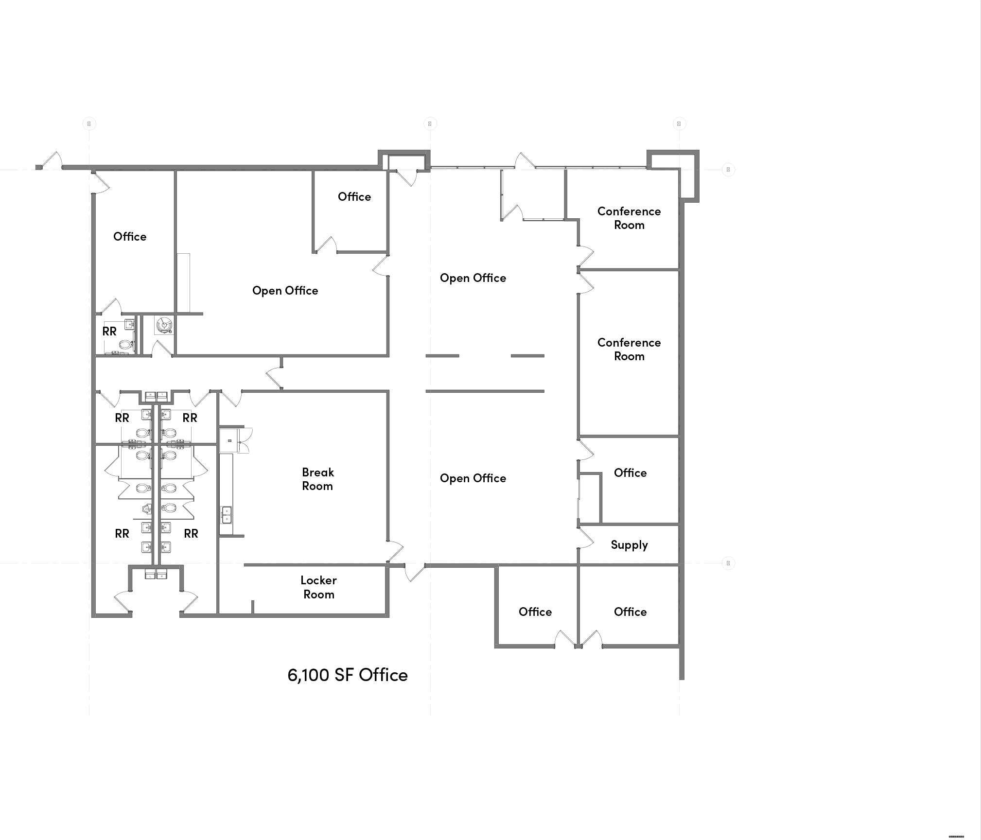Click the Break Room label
coord(318,479)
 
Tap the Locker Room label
coord(318,587)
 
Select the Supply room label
coord(629,544)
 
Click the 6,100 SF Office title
coord(348,675)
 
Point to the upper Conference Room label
coord(629,218)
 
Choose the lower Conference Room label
coord(629,349)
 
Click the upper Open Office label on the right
coord(473,278)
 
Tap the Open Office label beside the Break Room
coord(473,478)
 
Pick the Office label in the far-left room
coord(130,236)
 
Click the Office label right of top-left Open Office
coord(354,196)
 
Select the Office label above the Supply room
coord(630,472)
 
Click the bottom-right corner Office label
coord(630,612)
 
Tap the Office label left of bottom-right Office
coord(535,612)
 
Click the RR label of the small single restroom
coord(109,331)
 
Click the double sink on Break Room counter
coord(226,514)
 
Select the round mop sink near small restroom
coord(164,324)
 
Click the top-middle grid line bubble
coord(430,123)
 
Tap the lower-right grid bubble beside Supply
coord(728,563)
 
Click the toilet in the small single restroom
coord(126,345)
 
